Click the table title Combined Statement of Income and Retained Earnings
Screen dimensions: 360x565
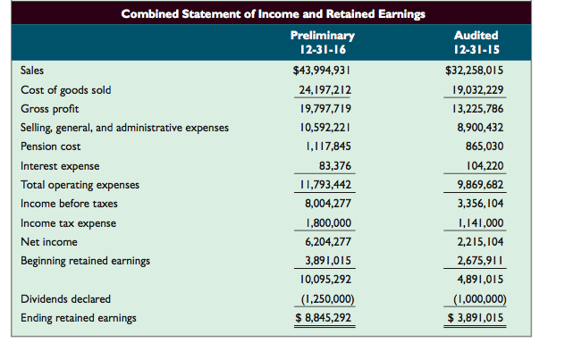[273, 13]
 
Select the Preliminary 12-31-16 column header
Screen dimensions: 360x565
[323, 42]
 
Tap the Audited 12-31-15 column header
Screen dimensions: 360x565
[476, 42]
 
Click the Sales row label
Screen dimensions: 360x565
[32, 70]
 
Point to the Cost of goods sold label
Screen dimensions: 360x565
[65, 89]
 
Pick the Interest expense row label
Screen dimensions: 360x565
[60, 166]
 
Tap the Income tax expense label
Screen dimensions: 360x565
[68, 222]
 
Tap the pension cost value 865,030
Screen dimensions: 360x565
[484, 147]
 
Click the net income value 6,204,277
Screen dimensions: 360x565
[325, 242]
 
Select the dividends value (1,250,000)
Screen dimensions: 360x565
[323, 299]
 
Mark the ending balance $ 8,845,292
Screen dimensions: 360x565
[322, 318]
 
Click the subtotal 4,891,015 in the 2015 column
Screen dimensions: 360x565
[478, 280]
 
